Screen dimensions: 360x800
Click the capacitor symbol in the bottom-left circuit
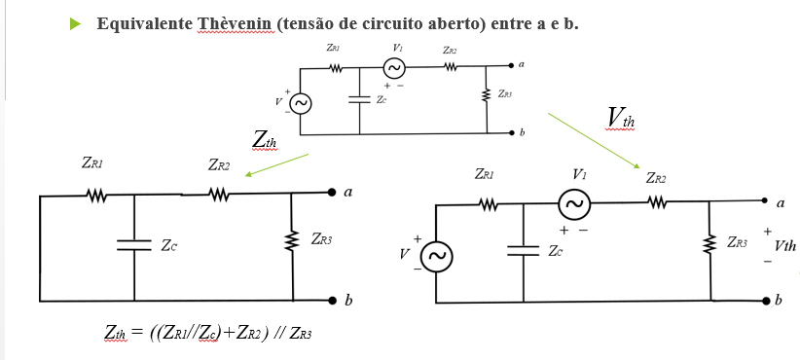[x=133, y=245]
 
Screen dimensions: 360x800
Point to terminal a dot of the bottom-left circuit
[x=332, y=194]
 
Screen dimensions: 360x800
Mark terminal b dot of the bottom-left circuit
[x=332, y=299]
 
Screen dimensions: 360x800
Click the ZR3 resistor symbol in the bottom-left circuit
[x=292, y=240]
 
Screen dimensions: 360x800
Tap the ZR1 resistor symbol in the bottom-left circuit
[x=95, y=195]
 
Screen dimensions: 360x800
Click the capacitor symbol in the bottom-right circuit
[x=524, y=250]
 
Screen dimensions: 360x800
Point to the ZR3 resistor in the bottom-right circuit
[x=709, y=242]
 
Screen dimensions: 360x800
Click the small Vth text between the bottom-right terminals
[x=784, y=247]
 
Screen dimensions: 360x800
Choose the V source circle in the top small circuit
[x=302, y=103]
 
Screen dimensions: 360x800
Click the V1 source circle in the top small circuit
[x=394, y=68]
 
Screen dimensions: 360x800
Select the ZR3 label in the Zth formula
[x=298, y=334]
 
